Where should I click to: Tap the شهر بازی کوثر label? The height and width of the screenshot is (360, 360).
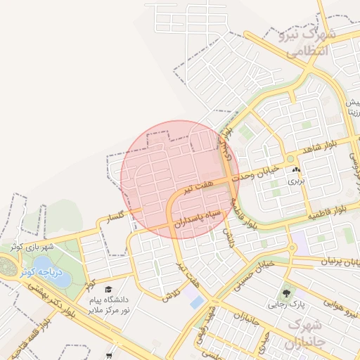[x=32, y=247]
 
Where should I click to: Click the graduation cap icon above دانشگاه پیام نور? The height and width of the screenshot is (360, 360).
[x=108, y=289]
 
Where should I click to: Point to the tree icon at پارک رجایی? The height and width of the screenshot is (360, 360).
[x=285, y=293]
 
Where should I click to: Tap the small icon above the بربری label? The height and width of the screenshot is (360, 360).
[x=297, y=170]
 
